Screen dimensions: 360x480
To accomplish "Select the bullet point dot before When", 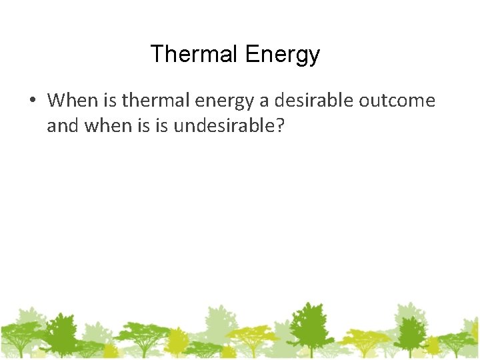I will click(31, 101).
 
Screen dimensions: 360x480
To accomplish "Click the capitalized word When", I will click(72, 101).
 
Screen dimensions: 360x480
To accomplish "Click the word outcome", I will click(397, 101).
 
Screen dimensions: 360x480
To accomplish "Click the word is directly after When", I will click(111, 101).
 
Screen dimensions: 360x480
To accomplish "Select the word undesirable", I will click(222, 125).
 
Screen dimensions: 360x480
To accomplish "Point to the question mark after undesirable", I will click(279, 125).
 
